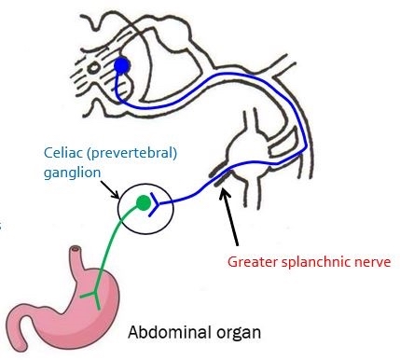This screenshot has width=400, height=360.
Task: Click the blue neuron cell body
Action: (x=122, y=65)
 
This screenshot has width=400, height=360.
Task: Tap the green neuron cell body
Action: (x=144, y=202)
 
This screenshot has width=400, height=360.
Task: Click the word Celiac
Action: (x=64, y=153)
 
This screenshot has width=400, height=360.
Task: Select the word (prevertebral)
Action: (x=132, y=154)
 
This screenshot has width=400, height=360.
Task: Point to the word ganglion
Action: (x=72, y=173)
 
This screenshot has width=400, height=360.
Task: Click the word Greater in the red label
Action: (x=253, y=262)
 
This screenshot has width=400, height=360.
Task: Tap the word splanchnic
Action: (x=316, y=262)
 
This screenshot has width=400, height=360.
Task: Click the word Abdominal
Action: (x=167, y=332)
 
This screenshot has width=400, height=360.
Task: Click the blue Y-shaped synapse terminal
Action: (x=154, y=204)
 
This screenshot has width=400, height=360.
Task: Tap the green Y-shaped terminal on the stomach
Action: (x=92, y=298)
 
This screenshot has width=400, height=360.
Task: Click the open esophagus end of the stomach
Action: (x=76, y=249)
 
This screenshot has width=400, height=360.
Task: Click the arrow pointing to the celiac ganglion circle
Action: (x=110, y=189)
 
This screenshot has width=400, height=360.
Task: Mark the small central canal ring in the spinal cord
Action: (x=93, y=67)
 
